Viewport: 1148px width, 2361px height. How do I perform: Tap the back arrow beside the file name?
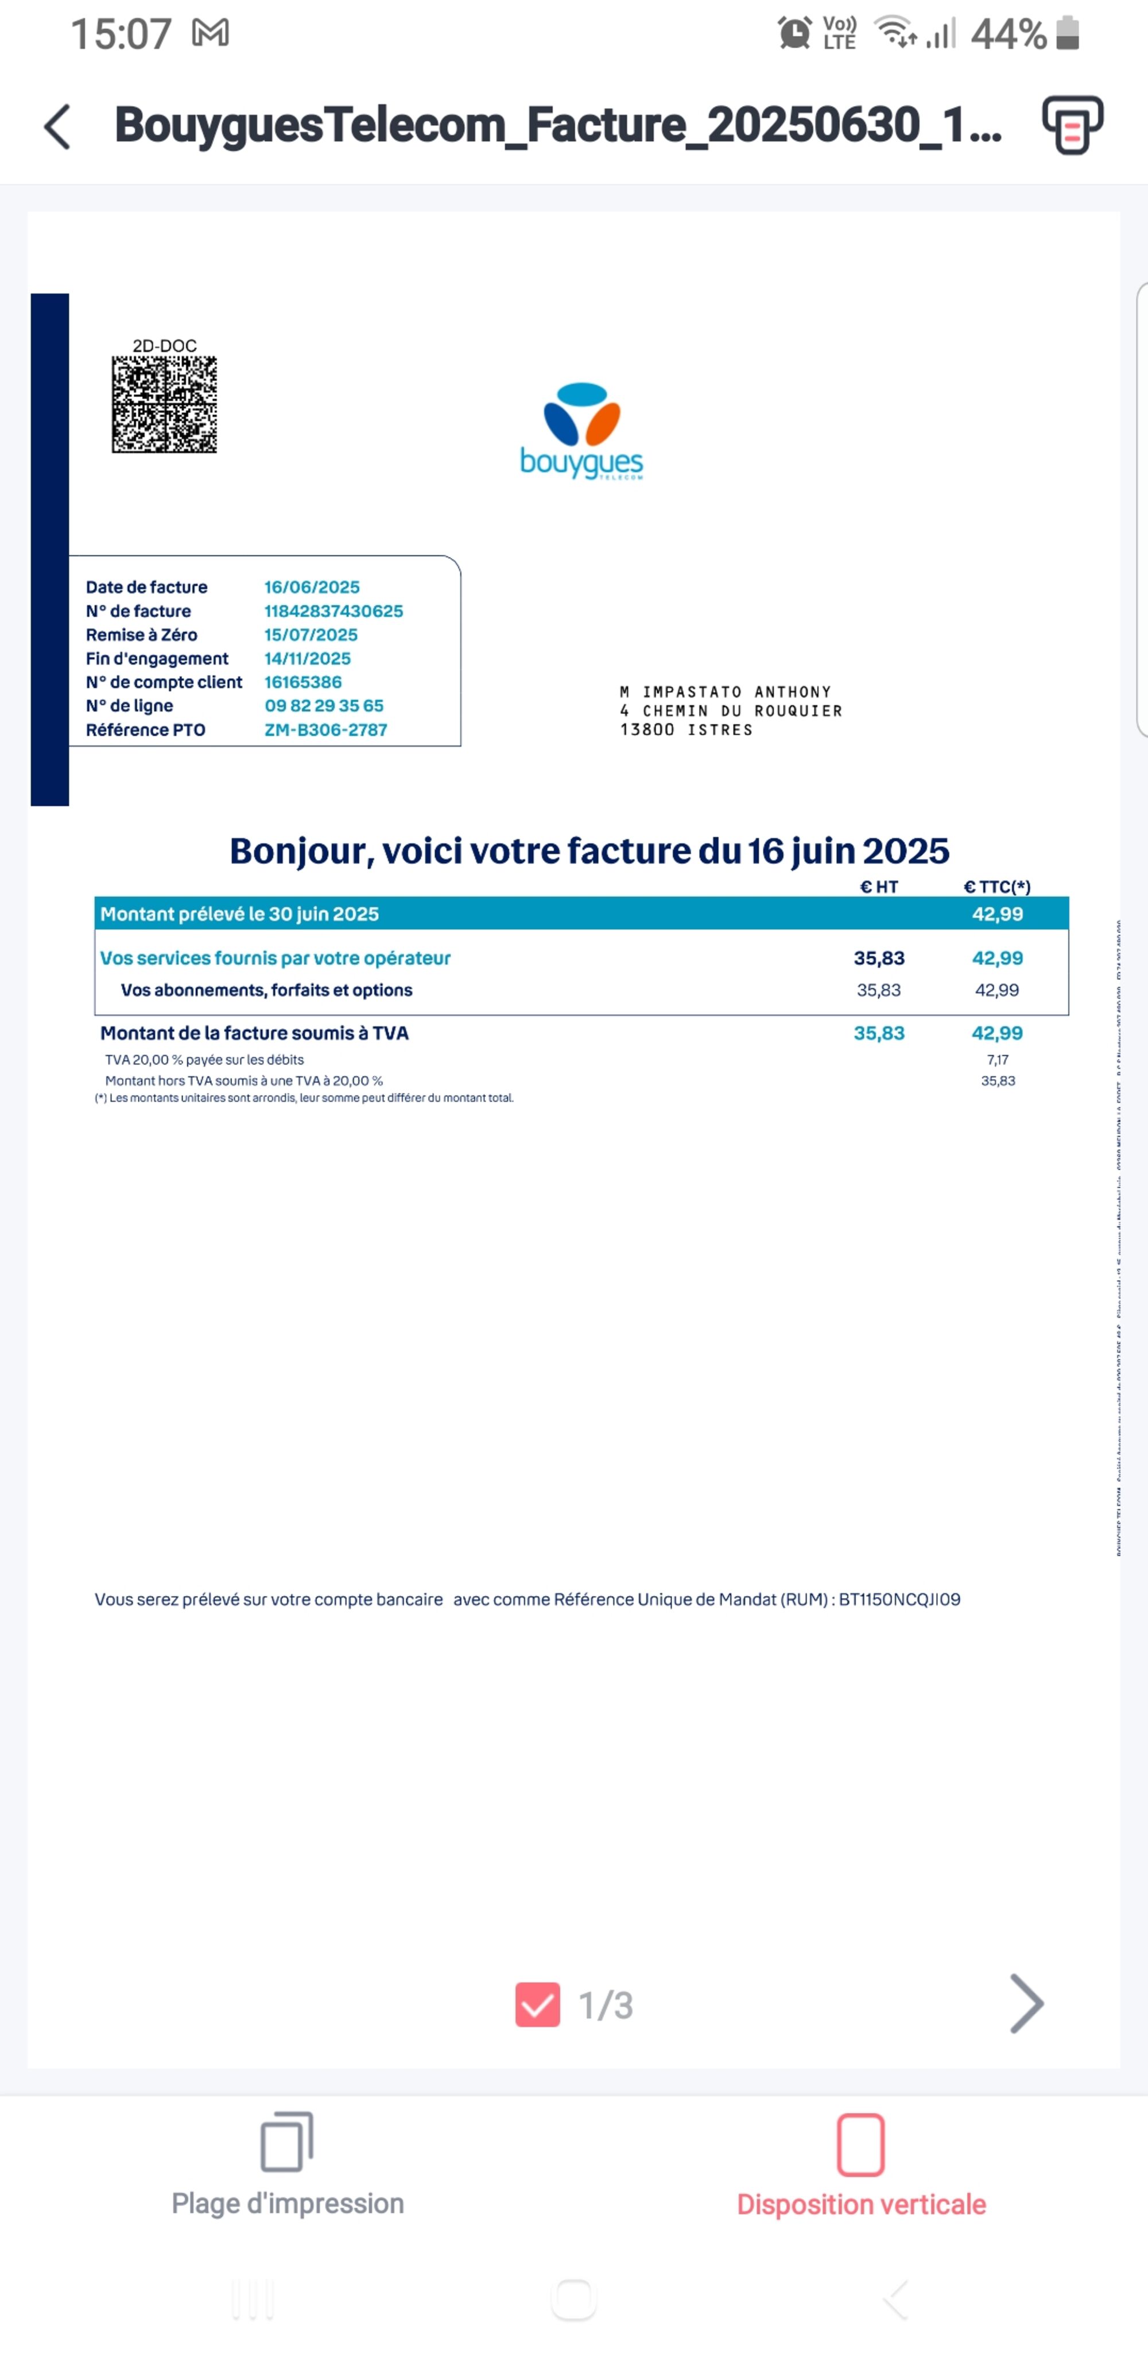57,126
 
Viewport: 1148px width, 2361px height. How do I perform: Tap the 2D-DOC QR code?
164,404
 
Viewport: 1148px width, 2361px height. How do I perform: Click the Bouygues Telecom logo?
581,431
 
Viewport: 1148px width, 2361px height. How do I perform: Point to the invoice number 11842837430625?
333,611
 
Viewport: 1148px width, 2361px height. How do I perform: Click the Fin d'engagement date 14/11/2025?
307,659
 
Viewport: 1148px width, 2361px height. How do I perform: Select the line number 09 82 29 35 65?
323,706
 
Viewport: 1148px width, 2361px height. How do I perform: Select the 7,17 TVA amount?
997,1060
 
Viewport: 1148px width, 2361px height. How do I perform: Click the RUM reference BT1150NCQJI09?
899,1600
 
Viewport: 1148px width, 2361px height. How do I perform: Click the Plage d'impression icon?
287,2144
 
